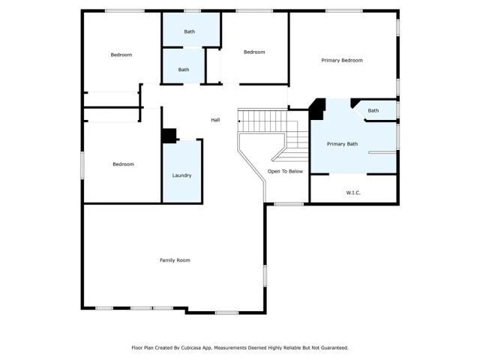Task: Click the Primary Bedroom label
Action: click(x=342, y=60)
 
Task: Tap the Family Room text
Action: click(x=175, y=260)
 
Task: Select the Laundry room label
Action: click(x=181, y=175)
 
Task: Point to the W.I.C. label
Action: click(x=353, y=193)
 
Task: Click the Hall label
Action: click(x=215, y=120)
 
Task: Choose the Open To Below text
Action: click(x=286, y=172)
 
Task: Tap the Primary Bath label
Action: click(x=342, y=144)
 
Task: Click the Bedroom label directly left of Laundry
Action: click(x=123, y=164)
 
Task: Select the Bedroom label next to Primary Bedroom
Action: click(x=254, y=52)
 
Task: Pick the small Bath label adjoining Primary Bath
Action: click(x=373, y=111)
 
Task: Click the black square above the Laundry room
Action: click(x=169, y=136)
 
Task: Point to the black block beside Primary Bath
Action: click(x=317, y=109)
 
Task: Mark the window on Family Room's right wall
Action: click(x=264, y=276)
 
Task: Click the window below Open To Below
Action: click(x=288, y=204)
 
